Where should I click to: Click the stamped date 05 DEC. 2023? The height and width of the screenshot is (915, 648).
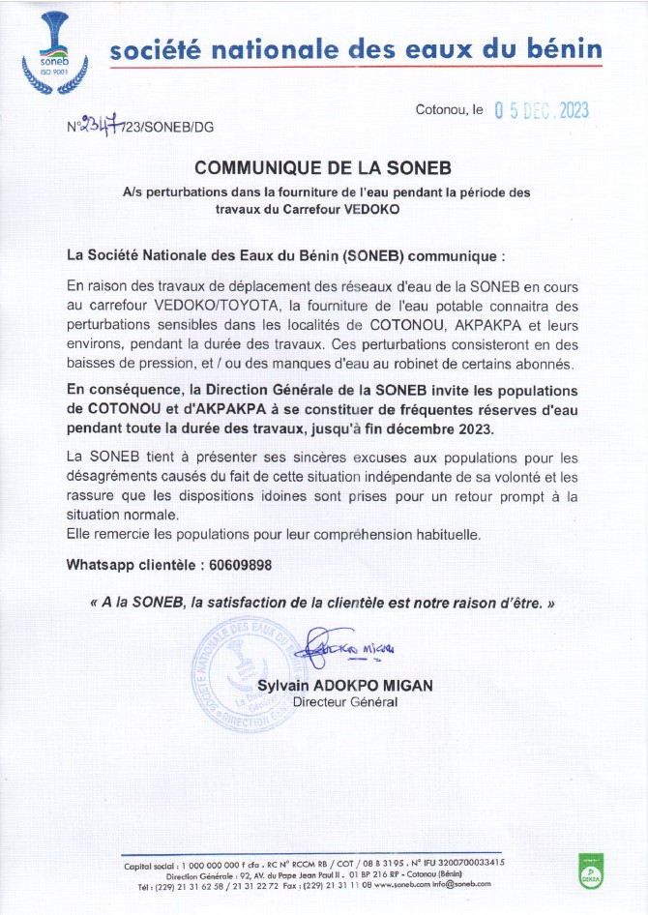(x=541, y=110)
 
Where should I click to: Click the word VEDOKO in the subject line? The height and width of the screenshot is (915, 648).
(x=371, y=207)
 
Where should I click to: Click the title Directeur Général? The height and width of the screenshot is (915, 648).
(x=344, y=702)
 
